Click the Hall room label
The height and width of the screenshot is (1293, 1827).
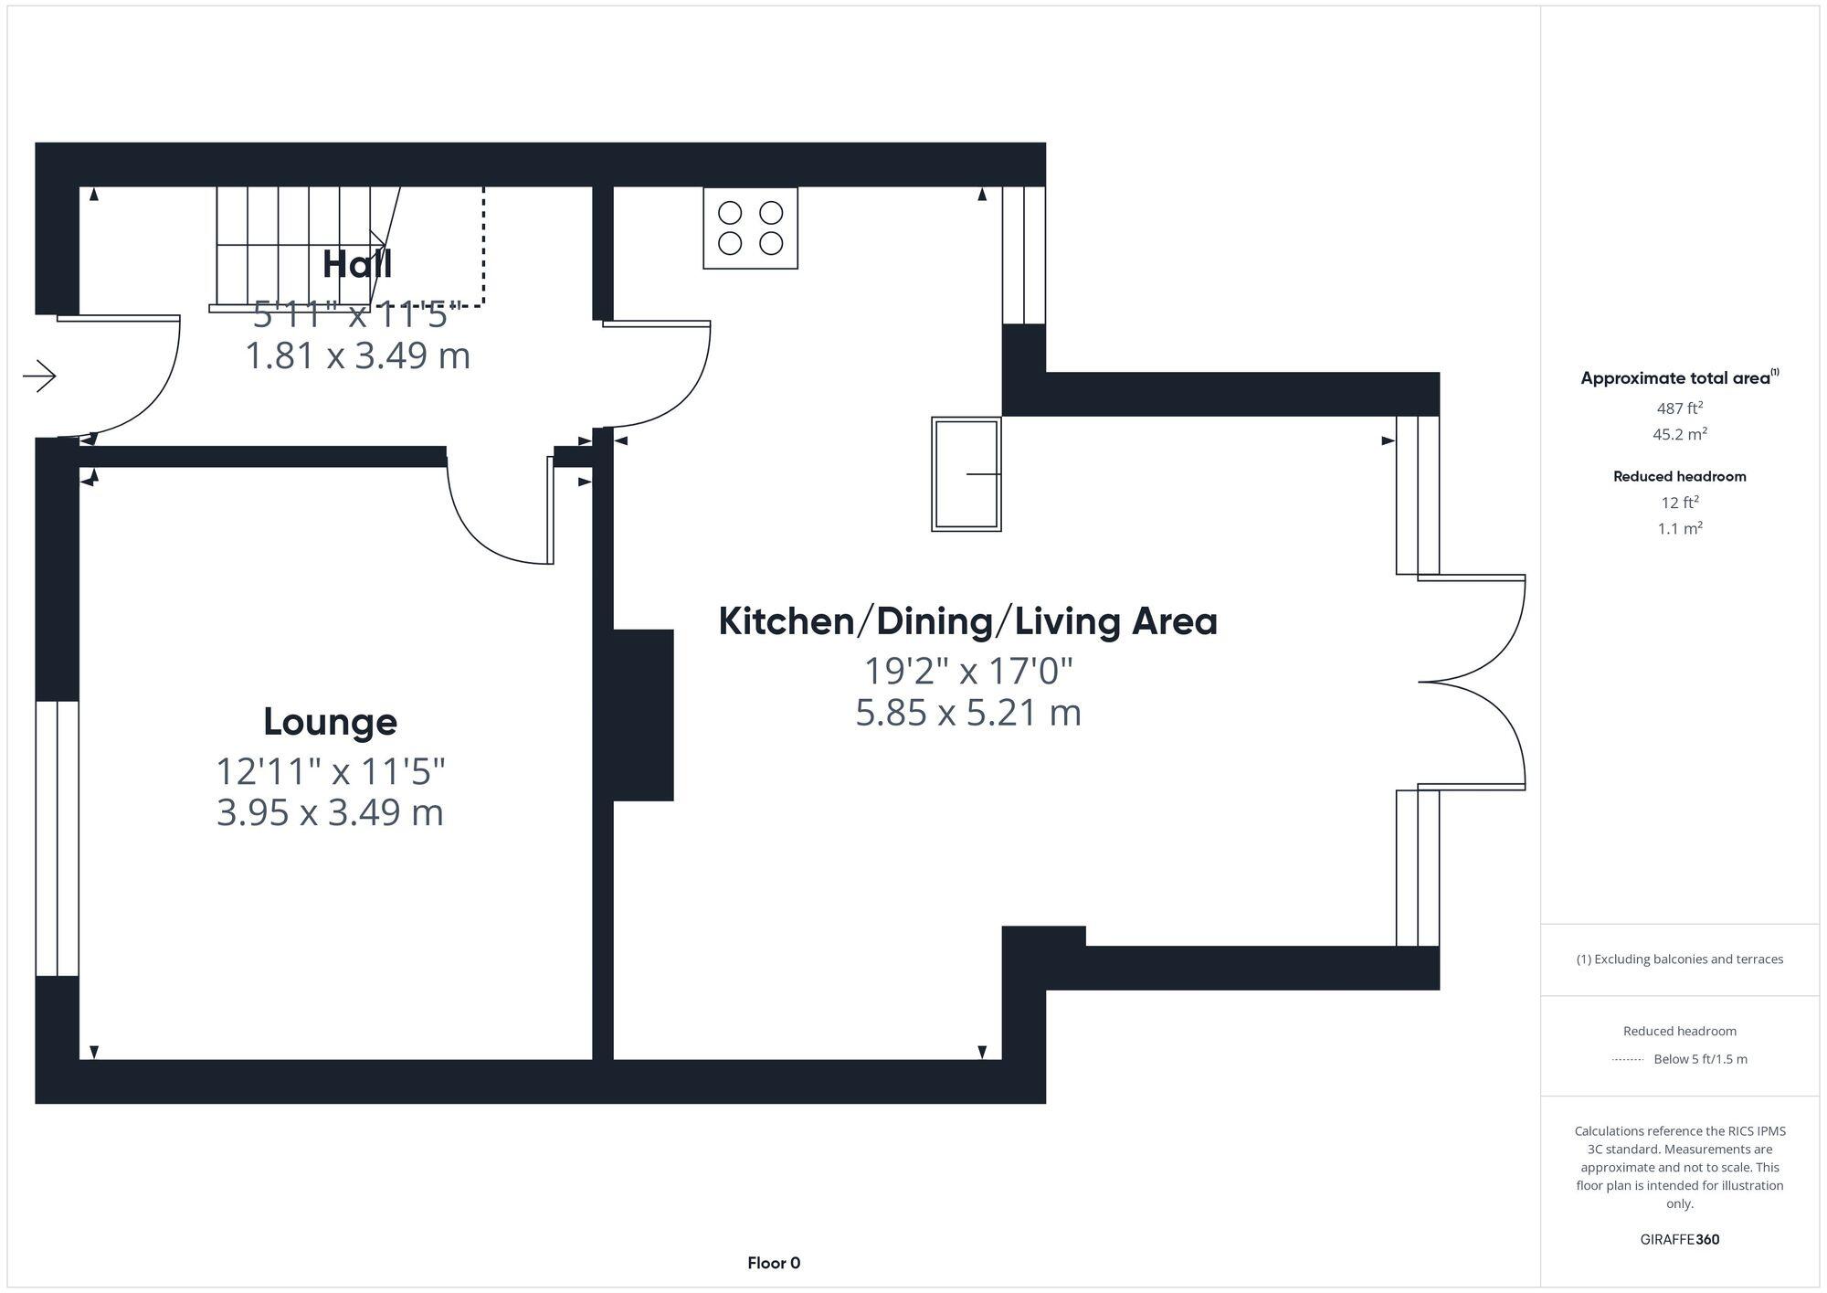(x=357, y=264)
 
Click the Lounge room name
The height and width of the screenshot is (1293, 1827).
(x=330, y=722)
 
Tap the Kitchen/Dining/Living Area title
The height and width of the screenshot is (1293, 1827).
(x=967, y=621)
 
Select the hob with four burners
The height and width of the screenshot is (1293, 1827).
(x=750, y=228)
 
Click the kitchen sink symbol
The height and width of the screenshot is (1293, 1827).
(x=966, y=473)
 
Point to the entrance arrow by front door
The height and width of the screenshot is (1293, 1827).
(x=39, y=376)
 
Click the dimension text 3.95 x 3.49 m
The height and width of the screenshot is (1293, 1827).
(x=330, y=812)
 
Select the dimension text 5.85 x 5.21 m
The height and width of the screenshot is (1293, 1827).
(x=967, y=713)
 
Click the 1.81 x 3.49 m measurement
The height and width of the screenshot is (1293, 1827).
(x=357, y=355)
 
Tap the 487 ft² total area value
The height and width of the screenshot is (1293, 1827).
(x=1679, y=408)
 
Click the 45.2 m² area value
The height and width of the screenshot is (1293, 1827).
(x=1679, y=434)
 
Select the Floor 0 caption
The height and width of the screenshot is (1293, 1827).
(x=773, y=1263)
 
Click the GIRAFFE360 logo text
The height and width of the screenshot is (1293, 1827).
(x=1679, y=1239)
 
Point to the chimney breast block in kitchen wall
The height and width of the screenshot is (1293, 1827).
(x=642, y=715)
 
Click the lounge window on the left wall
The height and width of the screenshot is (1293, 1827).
(x=57, y=837)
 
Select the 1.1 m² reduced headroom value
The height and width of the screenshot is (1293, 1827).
(x=1679, y=528)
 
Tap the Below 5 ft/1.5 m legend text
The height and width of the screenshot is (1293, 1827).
(x=1699, y=1059)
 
